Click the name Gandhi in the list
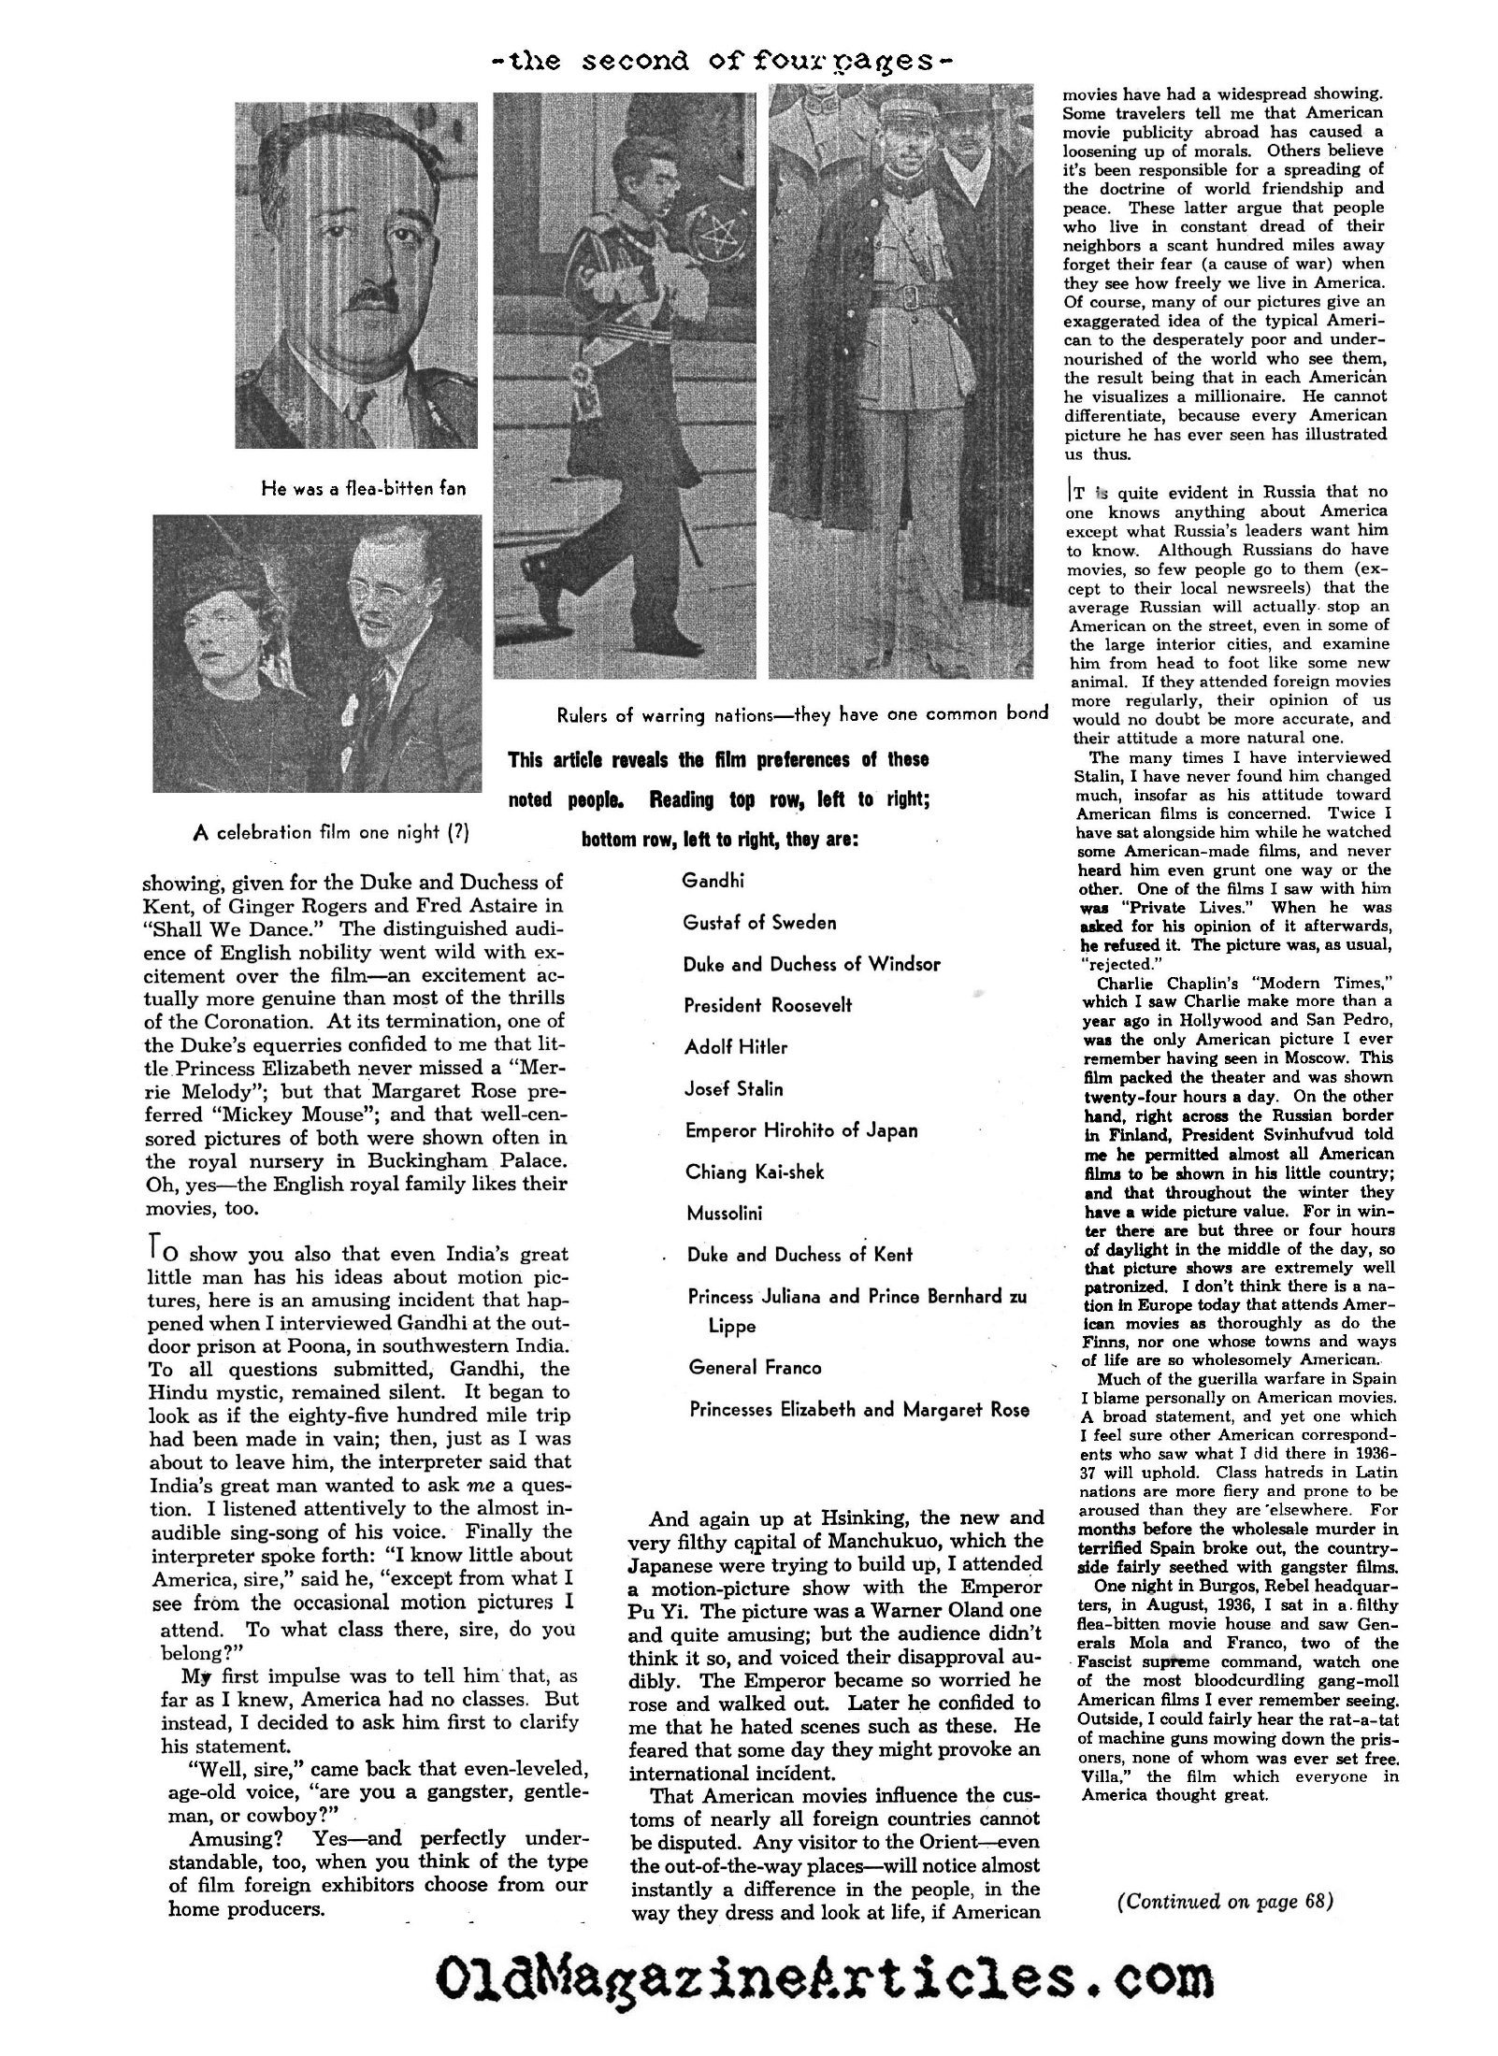[713, 881]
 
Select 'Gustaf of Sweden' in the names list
[759, 923]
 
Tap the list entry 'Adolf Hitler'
[736, 1047]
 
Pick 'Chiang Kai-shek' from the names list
[755, 1172]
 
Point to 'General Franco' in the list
[755, 1368]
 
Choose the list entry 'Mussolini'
[725, 1214]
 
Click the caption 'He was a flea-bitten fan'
[364, 488]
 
